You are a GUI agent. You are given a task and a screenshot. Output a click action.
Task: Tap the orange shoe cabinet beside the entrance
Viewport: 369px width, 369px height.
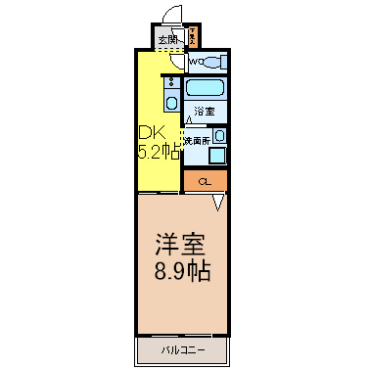pos(193,38)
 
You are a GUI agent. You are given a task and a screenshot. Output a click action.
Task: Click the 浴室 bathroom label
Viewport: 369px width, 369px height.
pos(204,111)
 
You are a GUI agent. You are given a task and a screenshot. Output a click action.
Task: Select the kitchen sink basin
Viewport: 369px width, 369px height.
pos(171,101)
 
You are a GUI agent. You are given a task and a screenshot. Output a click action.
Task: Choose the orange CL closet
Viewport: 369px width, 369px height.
pos(206,181)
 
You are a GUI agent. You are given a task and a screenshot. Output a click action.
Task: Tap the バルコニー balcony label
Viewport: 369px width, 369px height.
pos(182,347)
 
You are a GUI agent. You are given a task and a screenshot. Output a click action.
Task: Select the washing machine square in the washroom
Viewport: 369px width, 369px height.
pos(216,154)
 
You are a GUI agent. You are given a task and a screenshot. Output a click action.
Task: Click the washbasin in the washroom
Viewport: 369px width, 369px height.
pos(219,136)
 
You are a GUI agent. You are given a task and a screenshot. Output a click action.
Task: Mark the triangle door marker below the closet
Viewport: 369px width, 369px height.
pos(218,202)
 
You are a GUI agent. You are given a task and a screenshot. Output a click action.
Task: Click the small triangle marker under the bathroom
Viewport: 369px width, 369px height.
pos(189,120)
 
